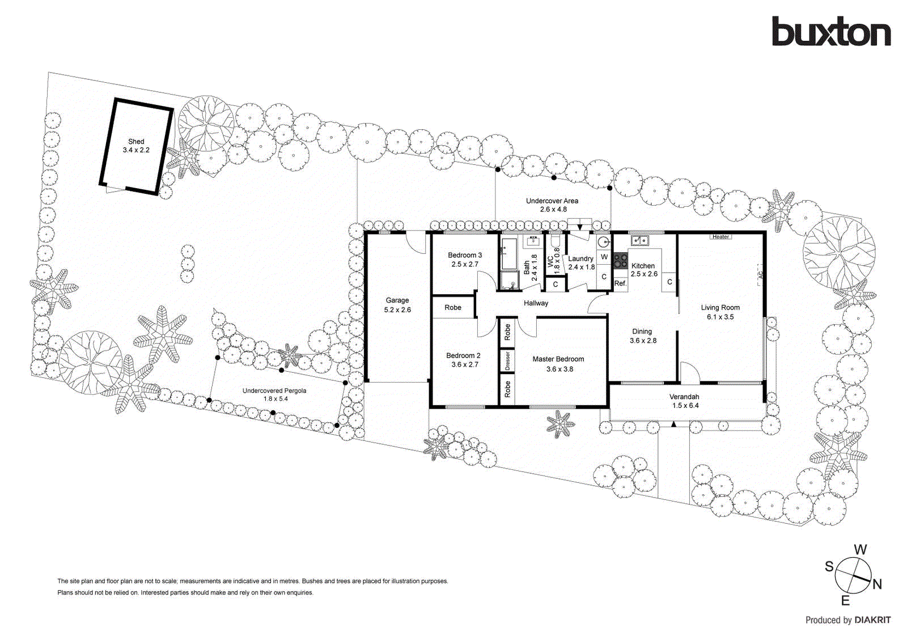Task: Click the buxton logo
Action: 830,32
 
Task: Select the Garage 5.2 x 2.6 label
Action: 397,305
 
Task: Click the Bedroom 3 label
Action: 465,256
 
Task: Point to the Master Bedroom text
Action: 558,359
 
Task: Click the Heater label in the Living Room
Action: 720,237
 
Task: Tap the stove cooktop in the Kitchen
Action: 621,261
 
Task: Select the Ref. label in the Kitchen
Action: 620,283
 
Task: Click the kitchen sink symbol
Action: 640,241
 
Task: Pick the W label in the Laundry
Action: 604,257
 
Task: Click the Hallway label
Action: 536,303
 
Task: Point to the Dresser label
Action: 507,361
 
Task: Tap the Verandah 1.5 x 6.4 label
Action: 685,401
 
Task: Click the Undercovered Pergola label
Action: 274,391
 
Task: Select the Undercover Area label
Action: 552,201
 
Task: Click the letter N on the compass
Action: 877,584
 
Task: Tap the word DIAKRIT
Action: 872,620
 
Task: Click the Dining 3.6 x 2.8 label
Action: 642,336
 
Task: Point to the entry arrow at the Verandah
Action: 673,424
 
